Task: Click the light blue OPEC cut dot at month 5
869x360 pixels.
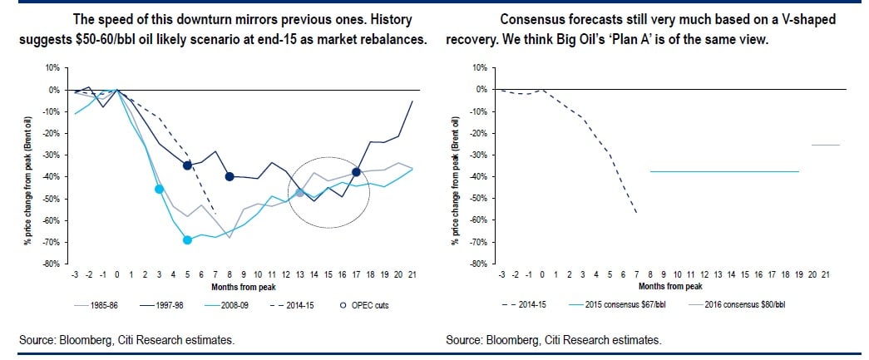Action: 187,240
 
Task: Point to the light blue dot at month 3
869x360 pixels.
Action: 159,190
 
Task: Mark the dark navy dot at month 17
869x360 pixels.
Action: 356,172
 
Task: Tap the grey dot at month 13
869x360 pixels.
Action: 299,193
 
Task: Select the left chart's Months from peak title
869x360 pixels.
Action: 225,285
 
